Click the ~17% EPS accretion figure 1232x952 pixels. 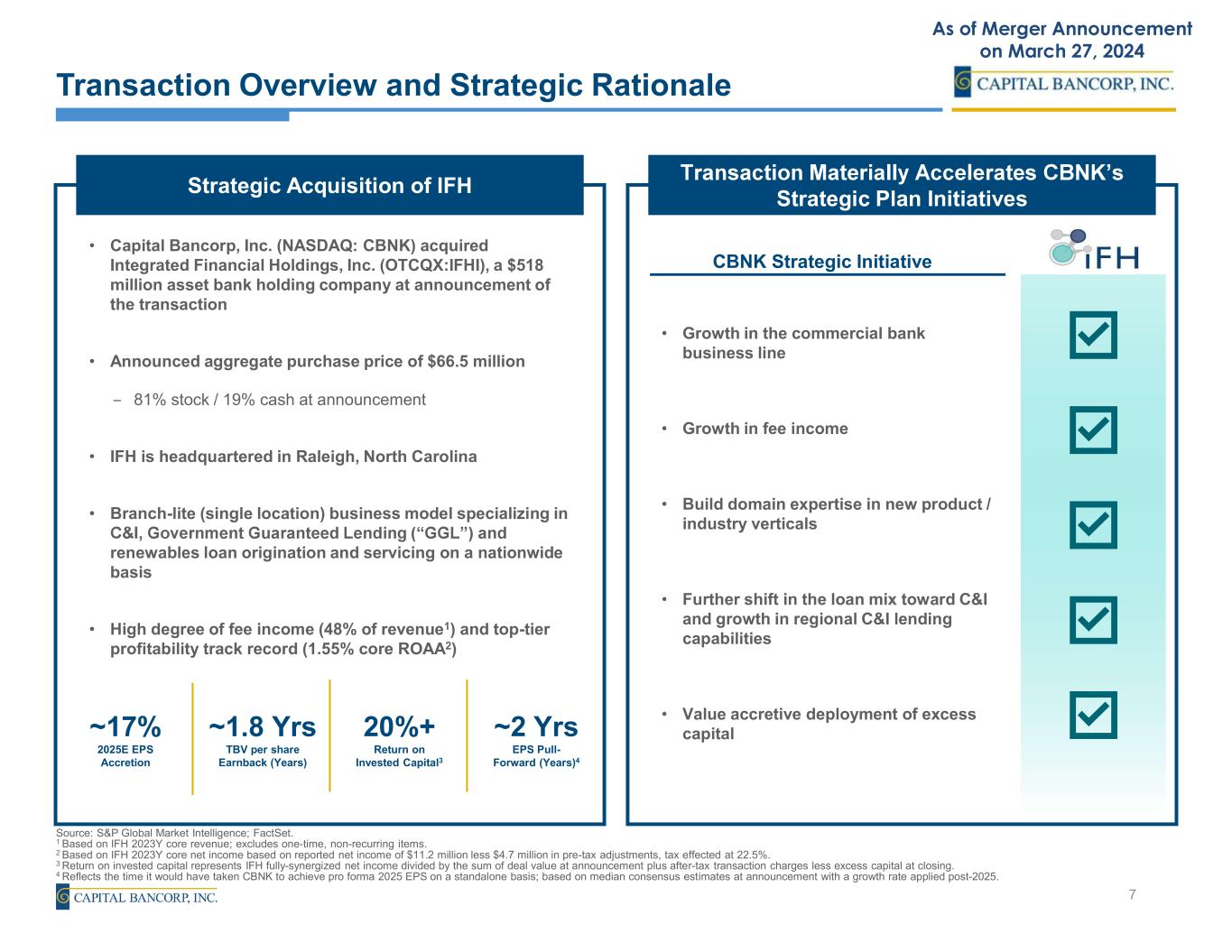pyautogui.click(x=125, y=726)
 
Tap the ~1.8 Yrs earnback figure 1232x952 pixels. pyautogui.click(x=263, y=726)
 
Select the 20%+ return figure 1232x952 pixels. pyautogui.click(x=399, y=726)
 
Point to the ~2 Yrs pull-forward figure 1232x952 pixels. pyautogui.click(x=536, y=726)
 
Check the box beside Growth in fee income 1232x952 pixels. pyautogui.click(x=1093, y=430)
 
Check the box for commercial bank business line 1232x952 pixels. pyautogui.click(x=1093, y=336)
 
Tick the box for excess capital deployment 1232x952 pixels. pyautogui.click(x=1093, y=715)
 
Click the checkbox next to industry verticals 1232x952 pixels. pyautogui.click(x=1093, y=525)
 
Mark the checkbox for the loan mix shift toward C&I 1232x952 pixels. pyautogui.click(x=1093, y=619)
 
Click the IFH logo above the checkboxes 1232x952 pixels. pyautogui.click(x=1093, y=250)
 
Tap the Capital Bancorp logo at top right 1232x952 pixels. pyautogui.click(x=1064, y=83)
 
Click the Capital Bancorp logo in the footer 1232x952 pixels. pyautogui.click(x=136, y=897)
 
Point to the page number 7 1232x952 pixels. pyautogui.click(x=1133, y=894)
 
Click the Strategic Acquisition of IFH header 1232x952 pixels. pyautogui.click(x=329, y=186)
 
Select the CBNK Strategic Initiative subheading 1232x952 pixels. pyautogui.click(x=821, y=262)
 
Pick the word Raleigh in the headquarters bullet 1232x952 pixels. pyautogui.click(x=324, y=457)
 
